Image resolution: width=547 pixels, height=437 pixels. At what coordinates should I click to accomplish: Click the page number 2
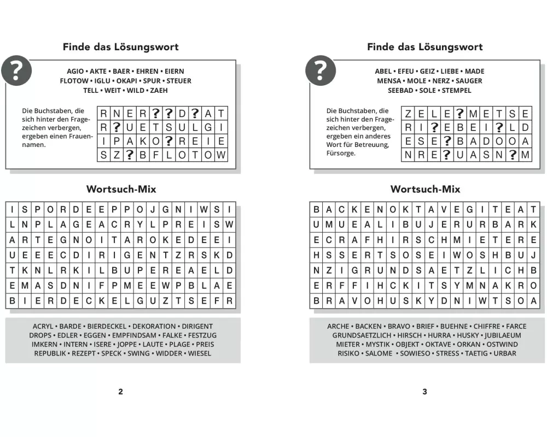(x=121, y=392)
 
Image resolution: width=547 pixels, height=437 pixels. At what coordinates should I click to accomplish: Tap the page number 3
(x=425, y=392)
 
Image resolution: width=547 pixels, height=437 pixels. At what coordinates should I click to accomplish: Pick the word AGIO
(x=75, y=71)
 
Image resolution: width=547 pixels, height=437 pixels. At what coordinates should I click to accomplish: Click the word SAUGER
(x=469, y=81)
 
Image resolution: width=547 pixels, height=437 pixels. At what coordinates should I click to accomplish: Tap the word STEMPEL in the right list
(x=456, y=90)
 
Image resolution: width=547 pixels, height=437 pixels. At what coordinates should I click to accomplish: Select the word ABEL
(x=383, y=71)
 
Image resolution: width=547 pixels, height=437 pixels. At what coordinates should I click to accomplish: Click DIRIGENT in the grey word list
(x=197, y=326)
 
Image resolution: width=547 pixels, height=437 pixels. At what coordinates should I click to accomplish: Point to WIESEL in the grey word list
(x=200, y=353)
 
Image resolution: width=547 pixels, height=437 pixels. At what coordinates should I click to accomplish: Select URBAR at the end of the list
(x=505, y=353)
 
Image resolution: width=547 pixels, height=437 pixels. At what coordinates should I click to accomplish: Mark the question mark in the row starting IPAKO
(x=168, y=141)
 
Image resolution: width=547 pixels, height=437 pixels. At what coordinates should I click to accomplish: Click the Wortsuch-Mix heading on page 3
(x=425, y=190)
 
